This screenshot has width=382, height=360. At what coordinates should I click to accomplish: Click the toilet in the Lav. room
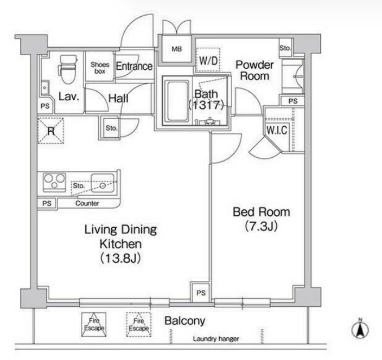point(67,69)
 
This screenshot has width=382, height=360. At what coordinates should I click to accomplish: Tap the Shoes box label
point(100,68)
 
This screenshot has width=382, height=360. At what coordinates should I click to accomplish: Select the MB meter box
point(177,49)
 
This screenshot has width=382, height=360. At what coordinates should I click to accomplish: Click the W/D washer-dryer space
point(208,60)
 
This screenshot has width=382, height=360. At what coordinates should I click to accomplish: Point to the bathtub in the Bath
point(177,101)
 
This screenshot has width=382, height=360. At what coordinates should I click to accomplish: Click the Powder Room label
point(254,70)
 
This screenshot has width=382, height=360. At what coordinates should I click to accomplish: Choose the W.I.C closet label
point(277,130)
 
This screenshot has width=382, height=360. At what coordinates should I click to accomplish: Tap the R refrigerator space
point(50,131)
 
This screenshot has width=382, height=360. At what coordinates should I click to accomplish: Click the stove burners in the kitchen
point(54,182)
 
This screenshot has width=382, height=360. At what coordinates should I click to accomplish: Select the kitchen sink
point(103,183)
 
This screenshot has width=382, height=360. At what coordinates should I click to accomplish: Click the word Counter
point(87,203)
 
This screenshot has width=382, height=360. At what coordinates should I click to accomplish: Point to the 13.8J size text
point(120,259)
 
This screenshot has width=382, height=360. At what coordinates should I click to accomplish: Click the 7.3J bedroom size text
point(262,227)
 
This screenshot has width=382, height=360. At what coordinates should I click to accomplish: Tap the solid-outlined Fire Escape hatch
point(94,325)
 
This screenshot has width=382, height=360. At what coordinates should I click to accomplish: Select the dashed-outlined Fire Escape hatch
point(138,325)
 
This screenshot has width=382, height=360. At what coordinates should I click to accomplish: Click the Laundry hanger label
point(216,339)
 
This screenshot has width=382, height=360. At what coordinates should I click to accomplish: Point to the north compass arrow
point(360,329)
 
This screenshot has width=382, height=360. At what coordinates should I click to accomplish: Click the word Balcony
point(185,321)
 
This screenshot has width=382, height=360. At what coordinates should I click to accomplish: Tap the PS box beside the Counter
point(47,203)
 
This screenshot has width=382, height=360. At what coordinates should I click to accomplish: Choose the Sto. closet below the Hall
point(111,128)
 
